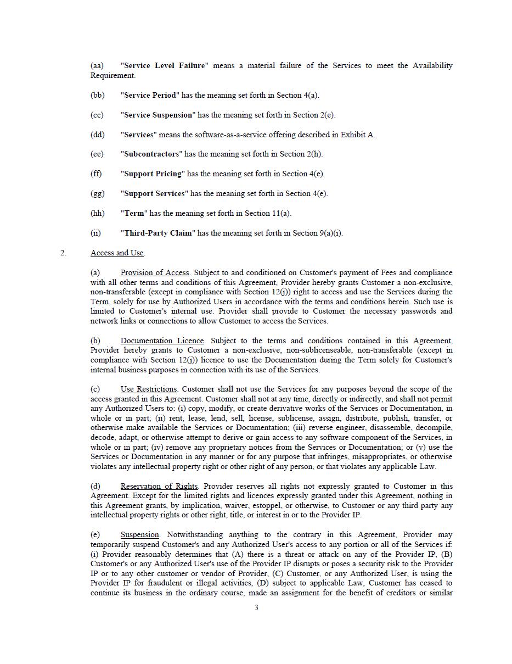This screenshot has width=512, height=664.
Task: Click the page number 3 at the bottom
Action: tap(256, 607)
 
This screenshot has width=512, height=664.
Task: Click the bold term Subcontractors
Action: tap(151, 154)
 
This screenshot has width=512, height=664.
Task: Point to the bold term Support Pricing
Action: tap(153, 174)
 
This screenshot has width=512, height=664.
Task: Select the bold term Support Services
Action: tap(155, 194)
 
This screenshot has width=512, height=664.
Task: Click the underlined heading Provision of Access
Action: tap(155, 273)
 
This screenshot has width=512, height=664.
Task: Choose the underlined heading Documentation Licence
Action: tap(162, 341)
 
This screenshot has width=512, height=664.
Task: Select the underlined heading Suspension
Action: tap(140, 535)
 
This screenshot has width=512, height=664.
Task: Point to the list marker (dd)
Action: tap(98, 135)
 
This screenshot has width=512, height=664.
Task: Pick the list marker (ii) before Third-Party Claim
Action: tap(95, 233)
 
